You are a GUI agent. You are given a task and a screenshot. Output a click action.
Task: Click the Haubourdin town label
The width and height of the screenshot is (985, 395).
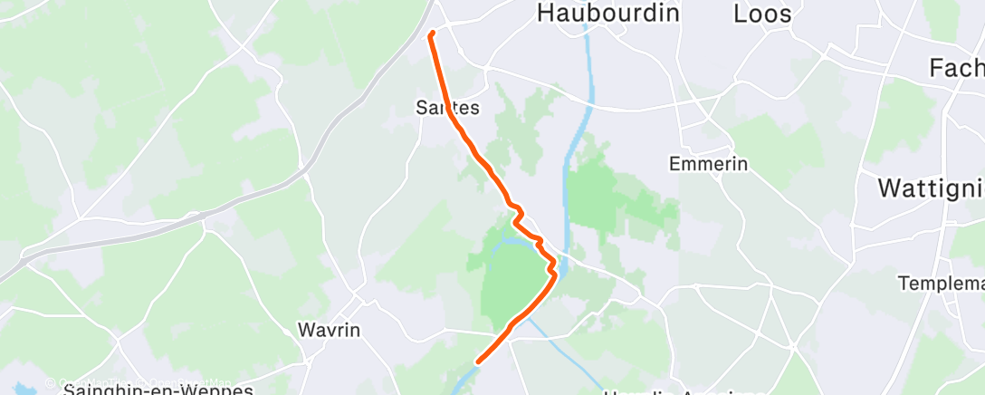tap(607, 14)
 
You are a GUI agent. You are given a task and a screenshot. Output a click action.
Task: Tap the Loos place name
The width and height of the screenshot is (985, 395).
tap(762, 14)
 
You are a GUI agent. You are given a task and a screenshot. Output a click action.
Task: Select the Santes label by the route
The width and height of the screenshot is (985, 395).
tap(446, 107)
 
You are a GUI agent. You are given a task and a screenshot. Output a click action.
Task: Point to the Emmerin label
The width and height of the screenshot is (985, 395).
tap(708, 164)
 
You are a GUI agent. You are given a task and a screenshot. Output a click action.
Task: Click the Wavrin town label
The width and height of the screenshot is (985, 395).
tap(330, 330)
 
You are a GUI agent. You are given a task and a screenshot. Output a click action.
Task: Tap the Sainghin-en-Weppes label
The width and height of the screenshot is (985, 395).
tap(158, 390)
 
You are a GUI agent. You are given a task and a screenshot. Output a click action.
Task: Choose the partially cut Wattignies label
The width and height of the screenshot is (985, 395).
tap(932, 189)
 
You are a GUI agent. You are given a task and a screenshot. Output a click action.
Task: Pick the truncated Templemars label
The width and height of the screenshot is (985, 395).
tap(942, 284)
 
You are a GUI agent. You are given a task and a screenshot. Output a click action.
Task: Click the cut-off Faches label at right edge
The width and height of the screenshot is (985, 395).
tap(958, 68)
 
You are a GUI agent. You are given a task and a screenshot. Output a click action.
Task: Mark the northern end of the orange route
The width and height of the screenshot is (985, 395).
tap(431, 34)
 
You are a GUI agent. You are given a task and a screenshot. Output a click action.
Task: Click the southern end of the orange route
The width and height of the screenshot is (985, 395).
tap(476, 361)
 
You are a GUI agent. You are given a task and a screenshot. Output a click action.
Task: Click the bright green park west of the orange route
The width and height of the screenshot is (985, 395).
tap(507, 281)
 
